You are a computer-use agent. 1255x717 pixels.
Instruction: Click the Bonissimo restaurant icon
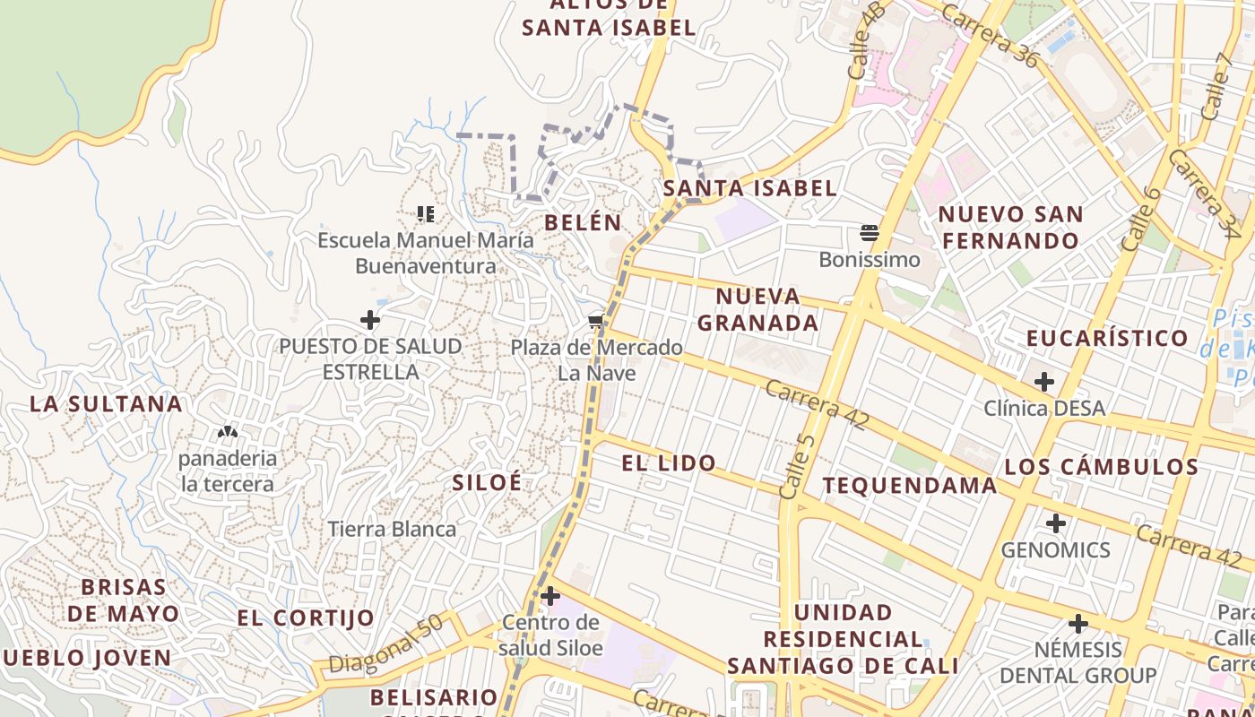click(869, 234)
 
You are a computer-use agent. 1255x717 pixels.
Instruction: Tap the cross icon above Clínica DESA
click(1043, 382)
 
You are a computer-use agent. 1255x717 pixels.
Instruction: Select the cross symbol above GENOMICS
click(1056, 523)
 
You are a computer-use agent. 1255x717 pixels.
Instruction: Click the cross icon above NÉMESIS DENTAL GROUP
click(1078, 623)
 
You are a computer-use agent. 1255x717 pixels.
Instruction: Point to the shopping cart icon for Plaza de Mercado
click(596, 321)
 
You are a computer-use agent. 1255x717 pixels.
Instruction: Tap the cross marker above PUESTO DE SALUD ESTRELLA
click(369, 319)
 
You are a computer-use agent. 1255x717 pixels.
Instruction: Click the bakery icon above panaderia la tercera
click(228, 432)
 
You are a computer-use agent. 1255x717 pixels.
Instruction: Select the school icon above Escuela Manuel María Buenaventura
click(426, 213)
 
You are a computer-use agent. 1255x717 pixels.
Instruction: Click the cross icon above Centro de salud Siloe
click(550, 595)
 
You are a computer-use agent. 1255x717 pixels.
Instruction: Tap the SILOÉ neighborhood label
click(487, 482)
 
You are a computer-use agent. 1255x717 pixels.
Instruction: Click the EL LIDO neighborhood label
click(669, 463)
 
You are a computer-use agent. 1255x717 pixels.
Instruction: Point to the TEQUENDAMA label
click(910, 486)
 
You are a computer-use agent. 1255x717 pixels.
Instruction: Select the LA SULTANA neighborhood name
click(107, 404)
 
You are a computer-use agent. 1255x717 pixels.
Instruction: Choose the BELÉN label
click(583, 222)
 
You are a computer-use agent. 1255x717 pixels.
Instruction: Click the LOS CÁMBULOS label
click(1101, 467)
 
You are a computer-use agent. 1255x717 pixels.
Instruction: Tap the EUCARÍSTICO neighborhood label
click(1107, 339)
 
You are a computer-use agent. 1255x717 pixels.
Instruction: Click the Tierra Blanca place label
click(392, 529)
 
